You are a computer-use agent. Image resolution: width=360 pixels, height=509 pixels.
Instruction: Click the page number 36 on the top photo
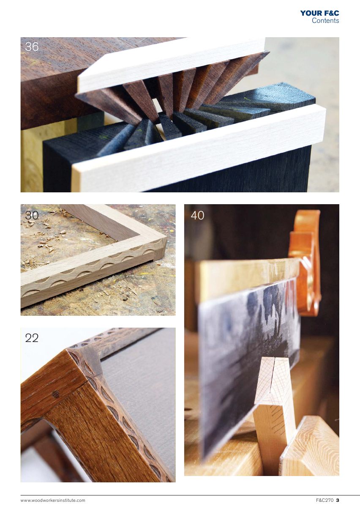click(32, 47)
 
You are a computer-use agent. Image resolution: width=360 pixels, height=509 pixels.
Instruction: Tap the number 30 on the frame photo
click(32, 215)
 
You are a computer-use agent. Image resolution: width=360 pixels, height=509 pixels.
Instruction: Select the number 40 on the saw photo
click(197, 215)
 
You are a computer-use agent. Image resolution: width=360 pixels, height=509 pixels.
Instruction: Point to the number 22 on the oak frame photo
click(32, 338)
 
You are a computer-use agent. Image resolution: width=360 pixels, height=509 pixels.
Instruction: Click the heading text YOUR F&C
click(319, 13)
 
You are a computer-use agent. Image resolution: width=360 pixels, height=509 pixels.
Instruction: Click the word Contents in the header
click(325, 20)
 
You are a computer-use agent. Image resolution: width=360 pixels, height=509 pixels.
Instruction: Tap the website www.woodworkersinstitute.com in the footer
click(53, 500)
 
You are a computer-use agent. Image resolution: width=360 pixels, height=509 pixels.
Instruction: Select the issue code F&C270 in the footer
click(324, 500)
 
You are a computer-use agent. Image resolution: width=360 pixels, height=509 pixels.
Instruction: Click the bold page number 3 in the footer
click(338, 500)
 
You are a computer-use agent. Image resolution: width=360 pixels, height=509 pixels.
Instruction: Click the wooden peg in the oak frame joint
click(55, 394)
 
